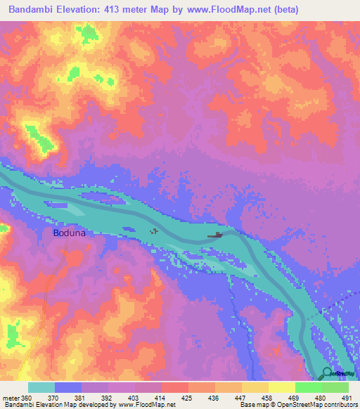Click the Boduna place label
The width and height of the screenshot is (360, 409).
(70, 233)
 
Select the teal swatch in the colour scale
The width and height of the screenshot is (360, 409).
(41, 387)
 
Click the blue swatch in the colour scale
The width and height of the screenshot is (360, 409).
(68, 387)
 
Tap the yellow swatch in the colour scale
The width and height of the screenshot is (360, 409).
(282, 387)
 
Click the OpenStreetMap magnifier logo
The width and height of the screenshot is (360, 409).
(327, 373)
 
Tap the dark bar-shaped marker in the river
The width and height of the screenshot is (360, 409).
(216, 235)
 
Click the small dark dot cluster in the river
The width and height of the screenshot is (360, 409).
(155, 231)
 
